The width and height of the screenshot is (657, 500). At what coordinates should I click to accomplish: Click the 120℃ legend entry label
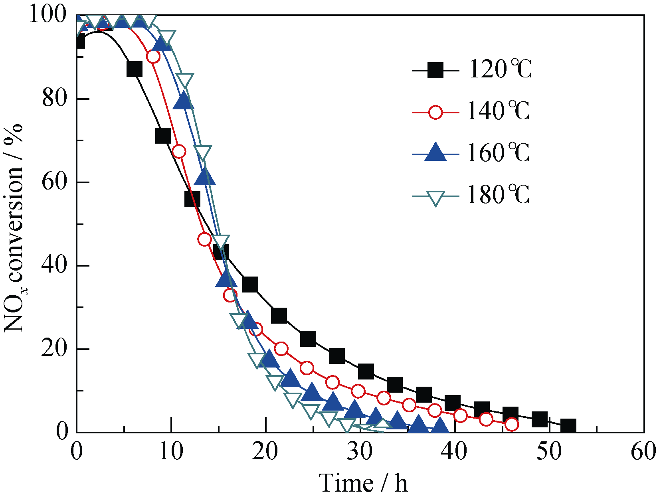pos(500,69)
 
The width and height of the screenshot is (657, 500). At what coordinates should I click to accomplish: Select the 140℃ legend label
pos(498,111)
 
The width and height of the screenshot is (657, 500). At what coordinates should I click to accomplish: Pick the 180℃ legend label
pos(498,195)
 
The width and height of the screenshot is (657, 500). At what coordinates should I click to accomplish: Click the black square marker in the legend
pos(435,71)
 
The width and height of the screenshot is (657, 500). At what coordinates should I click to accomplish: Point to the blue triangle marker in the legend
pos(435,152)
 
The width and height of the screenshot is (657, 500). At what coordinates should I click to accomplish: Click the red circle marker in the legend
pos(435,112)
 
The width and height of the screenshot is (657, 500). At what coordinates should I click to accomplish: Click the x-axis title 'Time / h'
pos(363,483)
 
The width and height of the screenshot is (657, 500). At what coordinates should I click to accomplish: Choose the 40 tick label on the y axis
pos(55,265)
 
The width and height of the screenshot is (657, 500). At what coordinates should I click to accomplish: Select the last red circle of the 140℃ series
pos(512,425)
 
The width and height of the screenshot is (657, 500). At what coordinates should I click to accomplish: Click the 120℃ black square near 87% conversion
pos(135,69)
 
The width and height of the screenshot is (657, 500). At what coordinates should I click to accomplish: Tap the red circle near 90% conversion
pos(153,57)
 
